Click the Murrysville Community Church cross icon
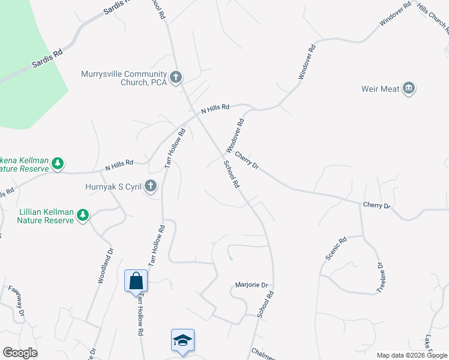176,77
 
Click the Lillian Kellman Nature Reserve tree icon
83,215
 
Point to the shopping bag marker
136,280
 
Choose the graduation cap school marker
182,340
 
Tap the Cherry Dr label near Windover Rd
246,160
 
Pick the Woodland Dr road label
106,268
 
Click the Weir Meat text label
380,89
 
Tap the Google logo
20,353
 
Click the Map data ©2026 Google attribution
411,355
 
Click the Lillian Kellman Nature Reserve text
45,215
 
